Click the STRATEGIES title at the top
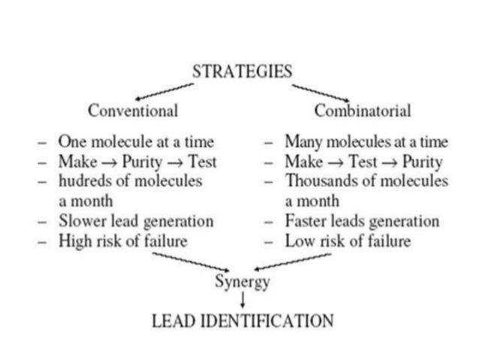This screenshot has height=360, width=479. [242, 73]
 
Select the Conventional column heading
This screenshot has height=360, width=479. [133, 110]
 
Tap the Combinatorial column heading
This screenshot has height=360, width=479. [363, 110]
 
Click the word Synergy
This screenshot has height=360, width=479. [242, 283]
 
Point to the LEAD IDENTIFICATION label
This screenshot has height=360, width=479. [242, 322]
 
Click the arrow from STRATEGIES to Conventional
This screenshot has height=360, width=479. [167, 91]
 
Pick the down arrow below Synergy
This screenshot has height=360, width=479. [243, 301]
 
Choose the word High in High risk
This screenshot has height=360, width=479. [74, 242]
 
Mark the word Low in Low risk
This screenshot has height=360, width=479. [298, 242]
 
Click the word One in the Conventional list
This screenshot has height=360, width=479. [73, 141]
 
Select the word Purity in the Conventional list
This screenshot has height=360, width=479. [135, 162]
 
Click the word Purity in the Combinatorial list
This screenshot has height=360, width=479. [421, 162]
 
